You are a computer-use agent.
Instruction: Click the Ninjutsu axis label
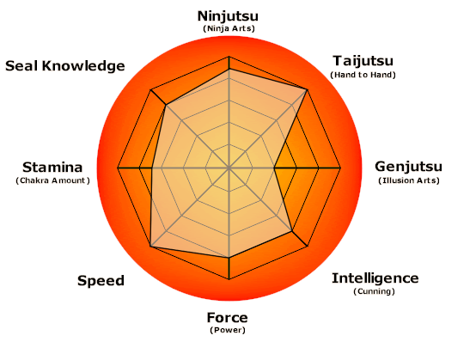[228, 16]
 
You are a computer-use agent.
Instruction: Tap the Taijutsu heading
[363, 61]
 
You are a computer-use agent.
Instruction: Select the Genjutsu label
[409, 167]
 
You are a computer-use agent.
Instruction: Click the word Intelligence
[375, 278]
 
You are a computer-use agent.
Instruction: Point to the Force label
[228, 318]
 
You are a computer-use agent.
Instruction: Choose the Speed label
[101, 281]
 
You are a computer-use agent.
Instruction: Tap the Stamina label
[52, 168]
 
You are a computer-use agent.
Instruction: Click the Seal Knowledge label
[65, 66]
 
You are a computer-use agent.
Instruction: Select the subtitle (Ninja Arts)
[229, 29]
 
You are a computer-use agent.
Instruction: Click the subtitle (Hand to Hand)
[363, 75]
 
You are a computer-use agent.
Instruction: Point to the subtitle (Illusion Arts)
[409, 180]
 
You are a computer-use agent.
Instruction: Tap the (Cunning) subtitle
[374, 291]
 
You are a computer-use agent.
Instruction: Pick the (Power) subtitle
[228, 330]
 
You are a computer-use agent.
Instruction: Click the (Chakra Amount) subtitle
[52, 180]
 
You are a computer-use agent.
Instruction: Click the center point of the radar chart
[229, 168]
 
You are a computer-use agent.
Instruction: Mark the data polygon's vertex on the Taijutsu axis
[308, 89]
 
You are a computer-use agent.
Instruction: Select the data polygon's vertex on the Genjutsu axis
[274, 168]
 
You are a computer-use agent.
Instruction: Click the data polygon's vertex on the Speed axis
[151, 247]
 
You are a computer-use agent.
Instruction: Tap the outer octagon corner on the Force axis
[229, 279]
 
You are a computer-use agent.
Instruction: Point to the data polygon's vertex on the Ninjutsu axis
[229, 70]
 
